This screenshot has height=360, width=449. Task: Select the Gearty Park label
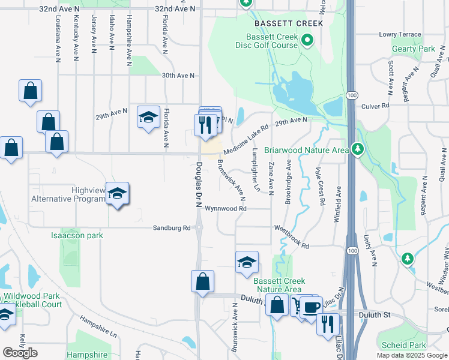(x=418, y=49)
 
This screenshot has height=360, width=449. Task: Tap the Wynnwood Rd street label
(x=226, y=209)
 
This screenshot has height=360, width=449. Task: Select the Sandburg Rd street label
(x=171, y=228)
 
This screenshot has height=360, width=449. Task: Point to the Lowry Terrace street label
(x=400, y=35)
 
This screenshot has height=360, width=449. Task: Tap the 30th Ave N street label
(x=178, y=76)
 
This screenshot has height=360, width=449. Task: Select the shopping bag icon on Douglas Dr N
(x=203, y=281)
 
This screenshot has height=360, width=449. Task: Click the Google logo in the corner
(x=20, y=353)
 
